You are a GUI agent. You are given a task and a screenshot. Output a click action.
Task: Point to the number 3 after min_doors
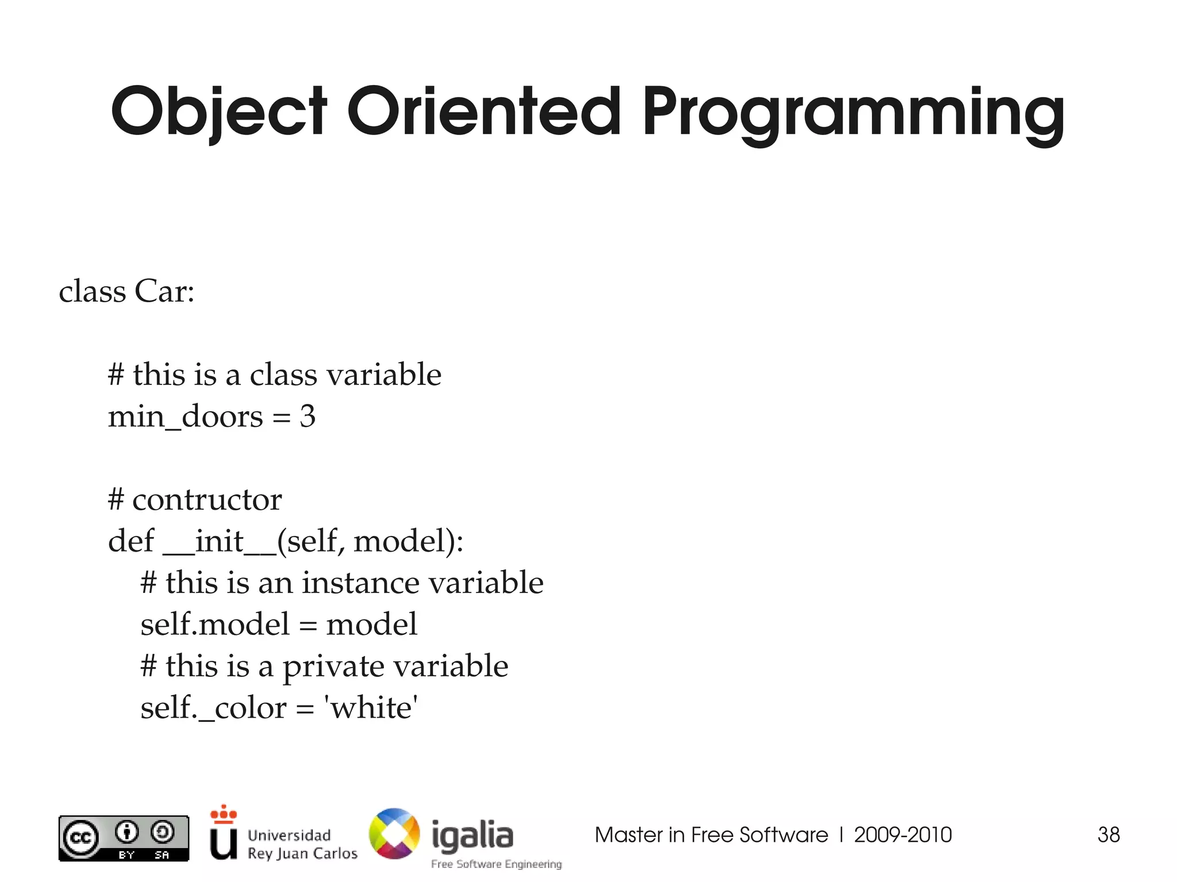point(307,416)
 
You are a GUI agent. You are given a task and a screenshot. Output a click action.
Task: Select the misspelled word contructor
point(207,499)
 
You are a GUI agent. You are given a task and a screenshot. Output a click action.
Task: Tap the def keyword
point(131,541)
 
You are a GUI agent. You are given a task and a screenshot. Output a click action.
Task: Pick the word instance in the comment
point(360,583)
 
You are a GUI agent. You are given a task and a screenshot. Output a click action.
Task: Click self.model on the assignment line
point(215,624)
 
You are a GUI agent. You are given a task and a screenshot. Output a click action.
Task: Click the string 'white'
point(371,707)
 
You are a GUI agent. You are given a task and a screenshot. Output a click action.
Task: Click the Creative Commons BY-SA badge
point(124,838)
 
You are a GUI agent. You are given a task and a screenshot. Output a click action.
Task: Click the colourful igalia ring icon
point(394,834)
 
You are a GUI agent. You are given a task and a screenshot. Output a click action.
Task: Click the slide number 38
point(1109,835)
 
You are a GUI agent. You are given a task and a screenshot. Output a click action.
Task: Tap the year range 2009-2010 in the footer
point(903,835)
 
